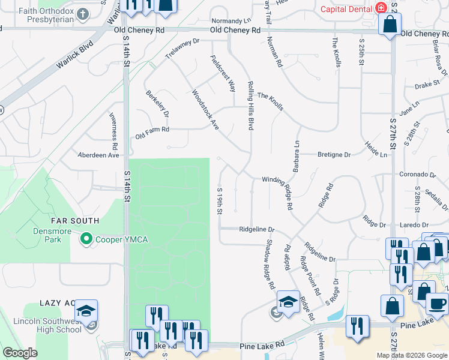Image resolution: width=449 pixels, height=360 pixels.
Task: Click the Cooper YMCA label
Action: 120,239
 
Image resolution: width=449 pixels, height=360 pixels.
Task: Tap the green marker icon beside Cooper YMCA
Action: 86,239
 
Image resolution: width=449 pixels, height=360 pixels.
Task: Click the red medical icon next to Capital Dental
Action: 381,8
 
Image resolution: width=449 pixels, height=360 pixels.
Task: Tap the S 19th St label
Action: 220,200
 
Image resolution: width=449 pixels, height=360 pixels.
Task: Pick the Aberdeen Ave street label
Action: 98,155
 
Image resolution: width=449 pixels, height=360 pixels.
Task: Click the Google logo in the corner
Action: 20,353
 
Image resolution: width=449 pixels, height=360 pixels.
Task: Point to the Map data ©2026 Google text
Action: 412,355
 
